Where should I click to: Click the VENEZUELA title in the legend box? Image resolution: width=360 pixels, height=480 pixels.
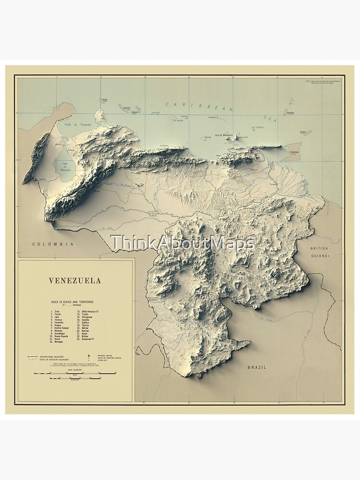point(75,281)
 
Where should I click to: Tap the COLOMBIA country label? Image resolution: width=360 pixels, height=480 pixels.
point(53,244)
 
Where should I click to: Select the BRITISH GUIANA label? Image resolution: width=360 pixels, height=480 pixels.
point(319,252)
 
